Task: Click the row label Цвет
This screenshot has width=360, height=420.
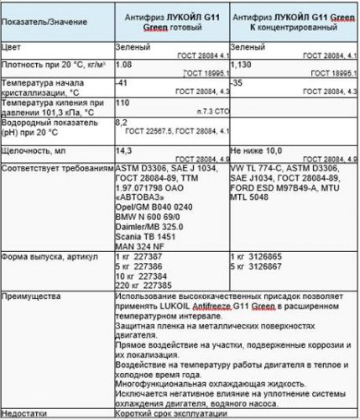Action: pyautogui.click(x=13, y=48)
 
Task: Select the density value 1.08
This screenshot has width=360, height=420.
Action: pyautogui.click(x=123, y=63)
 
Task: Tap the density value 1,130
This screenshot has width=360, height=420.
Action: pyautogui.click(x=242, y=63)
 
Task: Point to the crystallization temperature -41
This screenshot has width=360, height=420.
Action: pyautogui.click(x=122, y=83)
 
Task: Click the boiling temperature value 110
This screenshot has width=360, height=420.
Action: pyautogui.click(x=122, y=102)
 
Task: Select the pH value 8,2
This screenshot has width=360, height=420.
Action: pyautogui.click(x=122, y=122)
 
